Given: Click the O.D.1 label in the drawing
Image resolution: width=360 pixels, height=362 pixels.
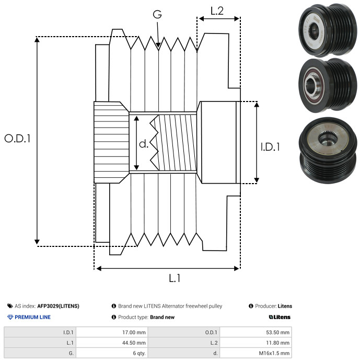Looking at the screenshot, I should (x=18, y=139).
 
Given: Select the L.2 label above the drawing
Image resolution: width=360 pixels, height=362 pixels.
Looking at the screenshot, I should (x=217, y=10).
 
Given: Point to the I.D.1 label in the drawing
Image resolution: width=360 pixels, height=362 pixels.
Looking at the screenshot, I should (x=270, y=148).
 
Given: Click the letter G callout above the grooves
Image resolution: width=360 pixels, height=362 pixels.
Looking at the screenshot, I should (x=157, y=15).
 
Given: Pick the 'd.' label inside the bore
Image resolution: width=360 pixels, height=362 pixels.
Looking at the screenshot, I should (x=144, y=144).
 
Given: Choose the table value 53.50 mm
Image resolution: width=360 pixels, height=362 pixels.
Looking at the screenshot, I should (x=278, y=332).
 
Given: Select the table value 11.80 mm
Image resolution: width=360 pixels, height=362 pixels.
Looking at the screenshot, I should (x=278, y=343).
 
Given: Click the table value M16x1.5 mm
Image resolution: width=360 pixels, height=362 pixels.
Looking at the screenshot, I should (x=274, y=353).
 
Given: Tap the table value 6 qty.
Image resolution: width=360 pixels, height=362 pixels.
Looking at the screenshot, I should (x=138, y=353).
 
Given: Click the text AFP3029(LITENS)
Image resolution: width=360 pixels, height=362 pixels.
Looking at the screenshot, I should (x=58, y=306).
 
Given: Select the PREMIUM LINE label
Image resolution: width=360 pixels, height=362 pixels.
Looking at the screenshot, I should (x=32, y=317).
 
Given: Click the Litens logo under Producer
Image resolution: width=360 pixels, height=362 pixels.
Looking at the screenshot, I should (x=280, y=317).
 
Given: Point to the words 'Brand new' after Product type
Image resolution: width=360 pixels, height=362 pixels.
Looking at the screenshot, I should (x=162, y=317).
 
